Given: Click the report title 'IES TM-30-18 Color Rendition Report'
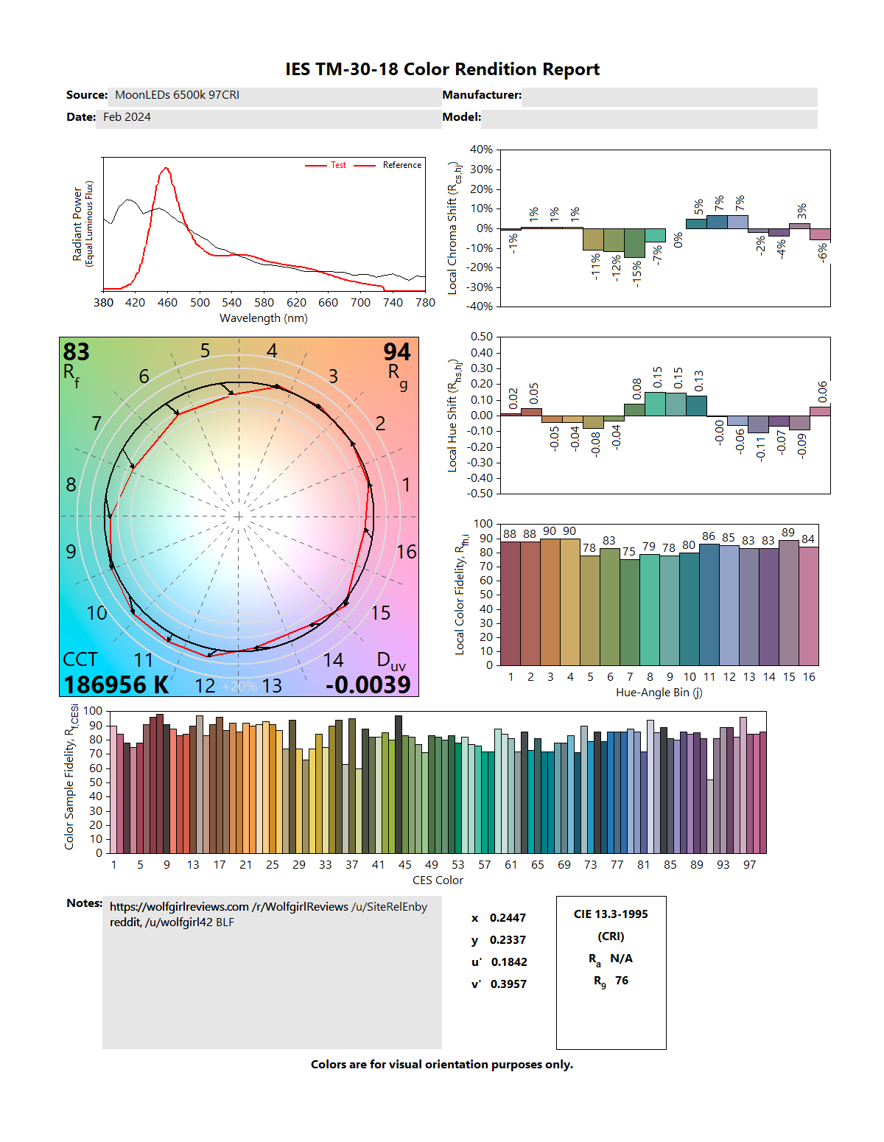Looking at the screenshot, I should [442, 69].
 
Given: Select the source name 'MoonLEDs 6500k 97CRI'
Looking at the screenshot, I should [177, 95].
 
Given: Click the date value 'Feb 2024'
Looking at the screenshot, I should [127, 117].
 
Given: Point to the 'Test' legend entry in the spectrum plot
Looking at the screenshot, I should [338, 165].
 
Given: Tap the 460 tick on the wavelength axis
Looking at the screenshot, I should [167, 302].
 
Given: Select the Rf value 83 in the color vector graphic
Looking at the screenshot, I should [77, 352].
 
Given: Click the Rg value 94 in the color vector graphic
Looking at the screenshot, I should [397, 352].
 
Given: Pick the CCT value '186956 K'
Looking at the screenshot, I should [116, 684].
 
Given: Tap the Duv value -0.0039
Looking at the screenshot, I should [368, 684].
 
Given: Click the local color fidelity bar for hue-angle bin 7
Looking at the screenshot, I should [630, 612].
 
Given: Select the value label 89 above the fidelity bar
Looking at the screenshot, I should [788, 532].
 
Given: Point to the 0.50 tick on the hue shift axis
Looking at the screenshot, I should [482, 337].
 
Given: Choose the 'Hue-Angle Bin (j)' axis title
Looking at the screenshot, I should [659, 693].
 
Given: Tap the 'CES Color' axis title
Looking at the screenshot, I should [438, 880].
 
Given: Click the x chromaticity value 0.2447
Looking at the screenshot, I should [508, 918].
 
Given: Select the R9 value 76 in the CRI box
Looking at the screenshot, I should [622, 981].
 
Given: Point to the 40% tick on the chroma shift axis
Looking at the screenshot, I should [481, 150].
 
